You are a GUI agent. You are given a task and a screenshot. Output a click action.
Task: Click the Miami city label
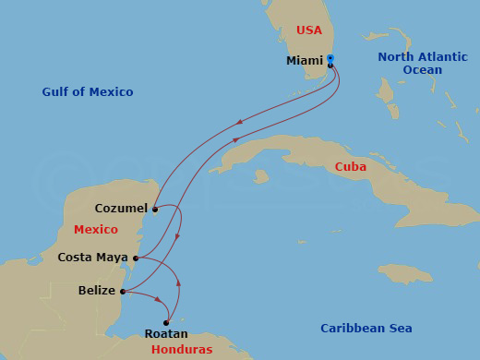coord(305,61)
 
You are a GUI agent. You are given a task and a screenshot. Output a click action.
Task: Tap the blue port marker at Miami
coord(330,59)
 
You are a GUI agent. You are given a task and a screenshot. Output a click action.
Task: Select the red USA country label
coord(309,30)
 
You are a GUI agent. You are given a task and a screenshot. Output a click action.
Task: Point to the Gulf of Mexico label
coord(88,92)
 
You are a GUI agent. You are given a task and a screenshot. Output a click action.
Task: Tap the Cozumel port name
coord(121,209)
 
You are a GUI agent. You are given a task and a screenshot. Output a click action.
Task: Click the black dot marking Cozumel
coord(155,210)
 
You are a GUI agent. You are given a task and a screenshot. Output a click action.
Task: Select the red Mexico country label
coord(96,229)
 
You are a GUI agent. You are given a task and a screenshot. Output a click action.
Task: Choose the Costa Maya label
coord(92,258)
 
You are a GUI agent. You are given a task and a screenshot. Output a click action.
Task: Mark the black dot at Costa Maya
coord(136,258)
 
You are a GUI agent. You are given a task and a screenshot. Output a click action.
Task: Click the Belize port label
coord(97,291)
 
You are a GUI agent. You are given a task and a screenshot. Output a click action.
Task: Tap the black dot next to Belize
coord(123,292)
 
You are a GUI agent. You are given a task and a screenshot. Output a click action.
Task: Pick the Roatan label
coord(167,334)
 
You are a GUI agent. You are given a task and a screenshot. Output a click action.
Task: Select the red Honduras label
coord(182,350)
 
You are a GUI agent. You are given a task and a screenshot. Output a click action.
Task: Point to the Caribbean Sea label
coord(365,329)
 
